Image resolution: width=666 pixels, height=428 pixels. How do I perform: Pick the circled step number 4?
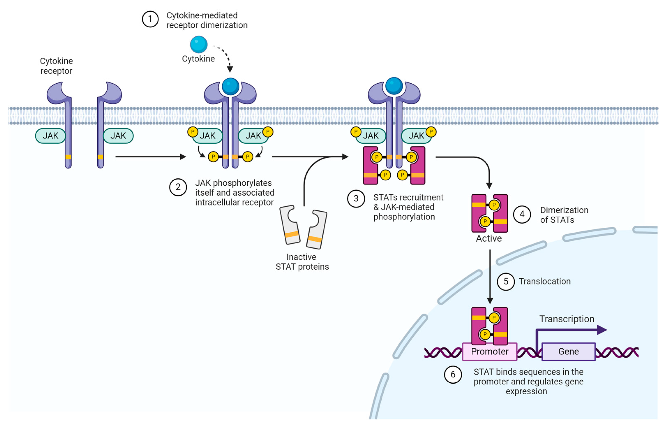coord(522,214)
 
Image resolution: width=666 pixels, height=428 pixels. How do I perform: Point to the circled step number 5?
coord(506,281)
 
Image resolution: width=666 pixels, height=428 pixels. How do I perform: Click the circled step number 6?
coord(453,375)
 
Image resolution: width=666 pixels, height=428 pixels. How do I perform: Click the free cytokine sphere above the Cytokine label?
coord(199,44)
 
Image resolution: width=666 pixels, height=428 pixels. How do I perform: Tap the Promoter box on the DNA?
coord(489,352)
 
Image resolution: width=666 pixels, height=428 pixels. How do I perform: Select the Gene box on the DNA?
coord(568,352)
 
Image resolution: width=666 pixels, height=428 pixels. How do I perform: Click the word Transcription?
coord(567,319)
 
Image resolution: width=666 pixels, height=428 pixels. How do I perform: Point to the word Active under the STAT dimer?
coord(489,239)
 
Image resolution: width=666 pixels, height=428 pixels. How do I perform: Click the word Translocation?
coord(545,281)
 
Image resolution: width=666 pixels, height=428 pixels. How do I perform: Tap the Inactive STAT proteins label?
coord(302,262)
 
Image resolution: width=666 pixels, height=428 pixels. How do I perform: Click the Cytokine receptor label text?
coord(57,66)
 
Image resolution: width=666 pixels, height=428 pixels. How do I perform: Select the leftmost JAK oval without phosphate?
coord(51,136)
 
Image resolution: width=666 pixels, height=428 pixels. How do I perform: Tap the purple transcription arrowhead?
coord(602,330)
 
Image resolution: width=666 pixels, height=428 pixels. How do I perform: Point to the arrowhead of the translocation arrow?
coord(490,301)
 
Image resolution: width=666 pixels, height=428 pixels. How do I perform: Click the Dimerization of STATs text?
coord(564,215)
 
